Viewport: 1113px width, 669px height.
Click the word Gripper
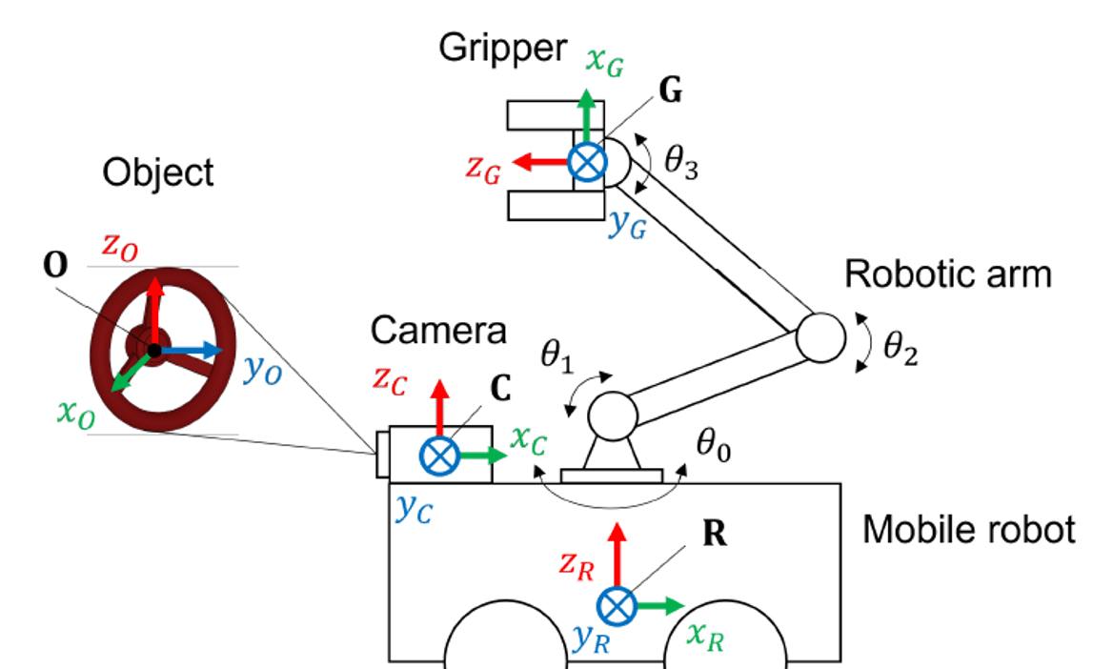pos(502,50)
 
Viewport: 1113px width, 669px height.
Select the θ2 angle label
pos(899,349)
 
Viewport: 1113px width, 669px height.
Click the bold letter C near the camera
pos(497,389)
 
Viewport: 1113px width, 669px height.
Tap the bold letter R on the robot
pos(714,534)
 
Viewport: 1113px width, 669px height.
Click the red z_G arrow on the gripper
pos(539,162)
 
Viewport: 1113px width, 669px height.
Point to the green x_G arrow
pos(586,119)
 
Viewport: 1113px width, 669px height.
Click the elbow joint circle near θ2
pos(820,336)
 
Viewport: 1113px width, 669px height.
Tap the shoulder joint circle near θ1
pos(612,415)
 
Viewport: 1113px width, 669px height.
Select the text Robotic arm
pos(947,275)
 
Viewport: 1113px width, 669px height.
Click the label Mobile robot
pos(968,530)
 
